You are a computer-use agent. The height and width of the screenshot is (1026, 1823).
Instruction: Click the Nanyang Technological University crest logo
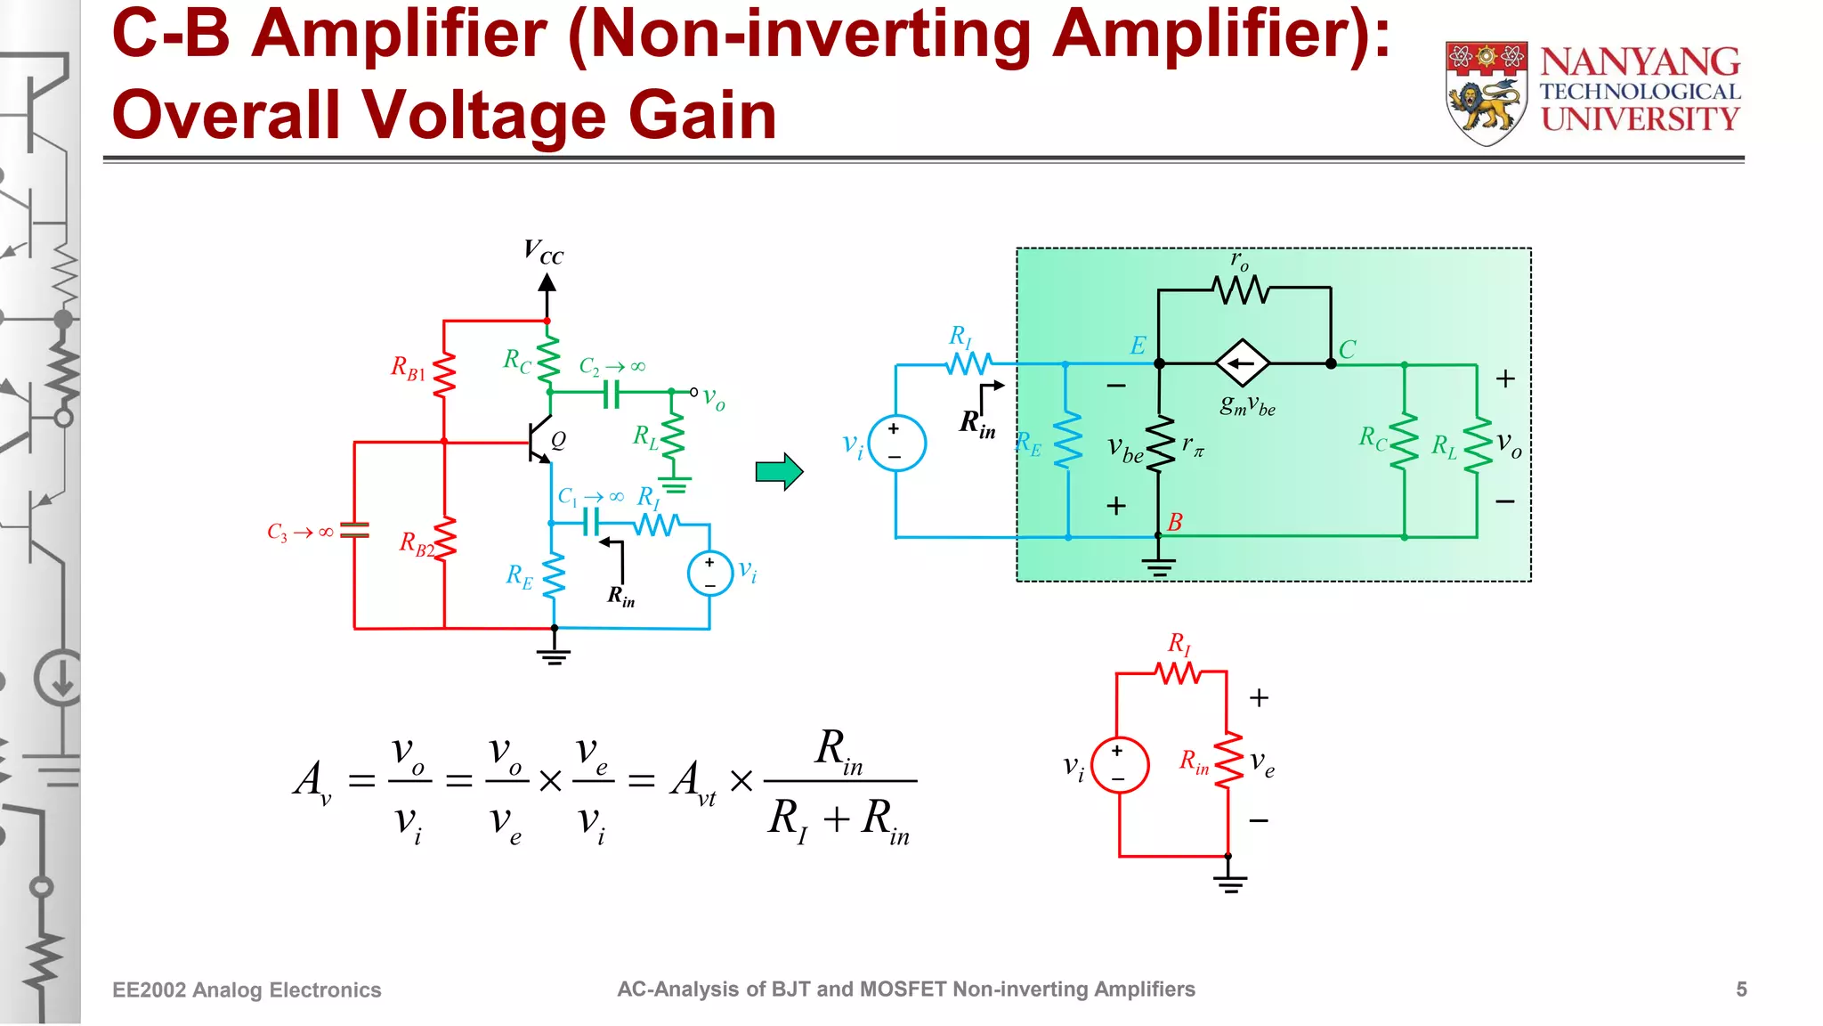pyautogui.click(x=1487, y=92)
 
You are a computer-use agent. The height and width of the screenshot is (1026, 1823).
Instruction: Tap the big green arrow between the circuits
pyautogui.click(x=779, y=471)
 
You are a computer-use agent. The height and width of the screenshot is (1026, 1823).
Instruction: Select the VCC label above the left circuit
pyautogui.click(x=543, y=252)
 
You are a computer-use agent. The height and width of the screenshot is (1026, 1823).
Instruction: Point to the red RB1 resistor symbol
pyautogui.click(x=444, y=373)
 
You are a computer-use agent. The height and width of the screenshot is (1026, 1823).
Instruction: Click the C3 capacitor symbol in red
pyautogui.click(x=354, y=531)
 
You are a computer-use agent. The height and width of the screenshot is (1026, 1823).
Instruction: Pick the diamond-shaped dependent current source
pyautogui.click(x=1243, y=363)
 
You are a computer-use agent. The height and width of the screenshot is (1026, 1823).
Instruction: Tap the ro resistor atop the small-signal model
pyautogui.click(x=1241, y=289)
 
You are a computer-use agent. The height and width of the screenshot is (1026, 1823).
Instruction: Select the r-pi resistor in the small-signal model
pyautogui.click(x=1160, y=444)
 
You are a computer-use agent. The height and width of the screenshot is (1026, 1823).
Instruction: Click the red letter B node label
pyautogui.click(x=1175, y=522)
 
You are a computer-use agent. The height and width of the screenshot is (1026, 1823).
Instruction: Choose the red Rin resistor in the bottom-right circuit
pyautogui.click(x=1228, y=761)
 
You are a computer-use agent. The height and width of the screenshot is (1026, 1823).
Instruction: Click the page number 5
pyautogui.click(x=1741, y=989)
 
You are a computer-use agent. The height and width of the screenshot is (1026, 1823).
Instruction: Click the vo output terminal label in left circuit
pyautogui.click(x=713, y=397)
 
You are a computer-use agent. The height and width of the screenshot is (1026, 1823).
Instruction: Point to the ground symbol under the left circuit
pyautogui.click(x=554, y=657)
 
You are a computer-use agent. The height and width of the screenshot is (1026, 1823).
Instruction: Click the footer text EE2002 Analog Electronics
pyautogui.click(x=247, y=990)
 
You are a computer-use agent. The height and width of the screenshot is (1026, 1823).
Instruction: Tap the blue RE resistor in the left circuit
pyautogui.click(x=554, y=575)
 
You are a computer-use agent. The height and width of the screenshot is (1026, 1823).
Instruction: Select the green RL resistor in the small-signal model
pyautogui.click(x=1477, y=444)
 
